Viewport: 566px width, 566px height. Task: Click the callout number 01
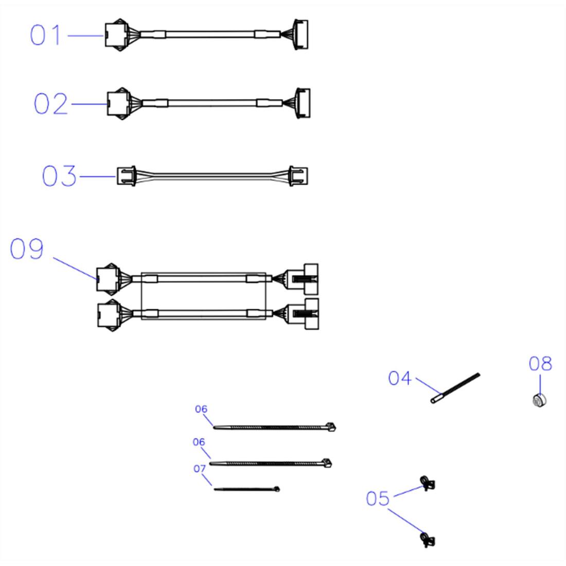click(x=45, y=35)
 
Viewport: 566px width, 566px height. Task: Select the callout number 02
click(x=50, y=103)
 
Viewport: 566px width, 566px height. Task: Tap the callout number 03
click(x=59, y=176)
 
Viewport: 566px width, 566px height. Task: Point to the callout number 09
click(x=27, y=249)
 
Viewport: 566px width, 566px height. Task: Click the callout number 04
click(x=400, y=378)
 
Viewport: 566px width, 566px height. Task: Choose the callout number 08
click(x=540, y=363)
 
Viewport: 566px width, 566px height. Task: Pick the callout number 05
click(x=378, y=499)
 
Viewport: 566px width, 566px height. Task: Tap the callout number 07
click(x=200, y=469)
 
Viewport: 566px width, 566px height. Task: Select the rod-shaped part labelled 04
click(x=455, y=388)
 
